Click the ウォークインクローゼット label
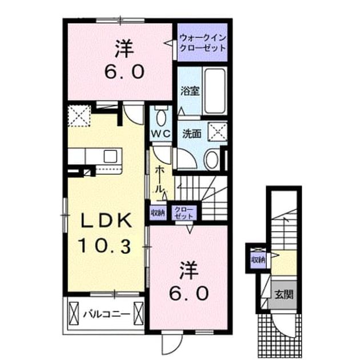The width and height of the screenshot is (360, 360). pyautogui.click(x=203, y=43)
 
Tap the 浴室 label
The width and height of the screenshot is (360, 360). pyautogui.click(x=190, y=91)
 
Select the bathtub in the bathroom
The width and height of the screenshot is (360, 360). pyautogui.click(x=215, y=91)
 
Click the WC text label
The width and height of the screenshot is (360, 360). pyautogui.click(x=161, y=133)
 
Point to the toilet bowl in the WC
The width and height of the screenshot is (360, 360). pyautogui.click(x=161, y=117)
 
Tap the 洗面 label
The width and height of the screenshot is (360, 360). pyautogui.click(x=192, y=134)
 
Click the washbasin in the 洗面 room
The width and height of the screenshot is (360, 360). pyautogui.click(x=212, y=159)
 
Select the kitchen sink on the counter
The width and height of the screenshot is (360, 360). pyautogui.click(x=110, y=156)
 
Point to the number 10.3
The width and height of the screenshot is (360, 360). pyautogui.click(x=105, y=245)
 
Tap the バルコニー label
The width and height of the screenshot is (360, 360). pyautogui.click(x=106, y=314)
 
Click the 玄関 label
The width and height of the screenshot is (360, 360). pyautogui.click(x=284, y=294)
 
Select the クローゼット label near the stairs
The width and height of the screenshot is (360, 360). pyautogui.click(x=183, y=213)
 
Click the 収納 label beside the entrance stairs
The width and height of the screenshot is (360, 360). pyautogui.click(x=258, y=260)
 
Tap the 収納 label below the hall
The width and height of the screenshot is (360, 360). pyautogui.click(x=158, y=213)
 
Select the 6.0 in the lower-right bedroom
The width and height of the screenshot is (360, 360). pyautogui.click(x=189, y=294)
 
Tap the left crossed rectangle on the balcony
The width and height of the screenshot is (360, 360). pyautogui.click(x=74, y=313)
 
